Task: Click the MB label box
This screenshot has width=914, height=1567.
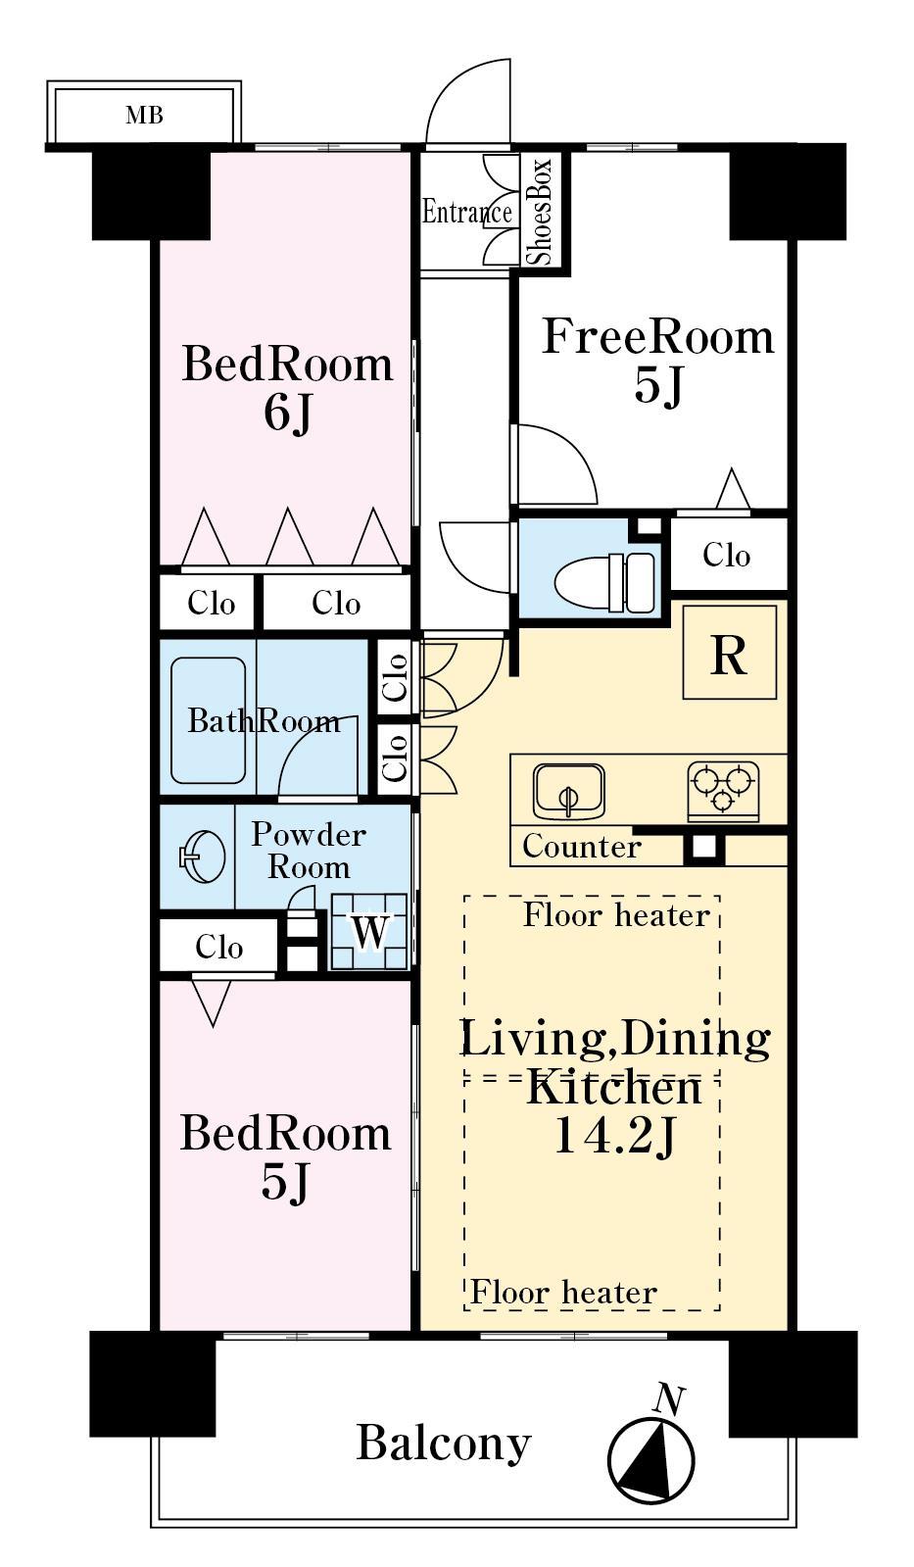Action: (x=144, y=116)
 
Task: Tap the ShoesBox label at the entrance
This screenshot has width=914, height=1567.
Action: (x=541, y=211)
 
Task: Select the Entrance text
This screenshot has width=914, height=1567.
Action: (x=466, y=212)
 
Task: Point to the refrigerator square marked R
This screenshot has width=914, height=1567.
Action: (x=729, y=653)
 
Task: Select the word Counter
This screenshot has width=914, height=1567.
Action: (x=581, y=846)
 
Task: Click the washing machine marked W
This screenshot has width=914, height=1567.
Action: (x=369, y=932)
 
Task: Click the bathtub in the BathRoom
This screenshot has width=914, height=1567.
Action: (x=209, y=720)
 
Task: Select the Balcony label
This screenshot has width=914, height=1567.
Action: (x=443, y=1443)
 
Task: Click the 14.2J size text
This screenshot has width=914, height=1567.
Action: (x=614, y=1137)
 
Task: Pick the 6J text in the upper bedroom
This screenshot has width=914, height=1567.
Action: (x=287, y=414)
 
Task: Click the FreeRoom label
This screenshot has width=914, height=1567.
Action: (x=657, y=337)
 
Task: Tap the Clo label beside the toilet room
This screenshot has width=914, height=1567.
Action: (x=726, y=555)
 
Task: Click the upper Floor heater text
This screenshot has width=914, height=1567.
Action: (x=616, y=915)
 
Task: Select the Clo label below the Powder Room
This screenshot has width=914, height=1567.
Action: (x=218, y=947)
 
